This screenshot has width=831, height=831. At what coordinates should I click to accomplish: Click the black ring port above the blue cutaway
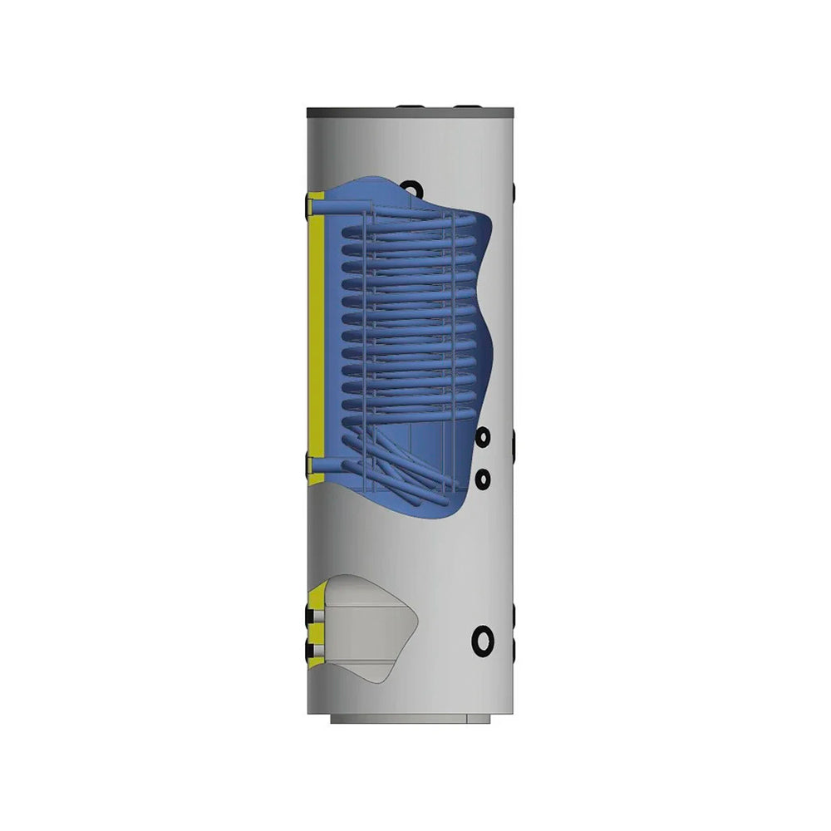410,187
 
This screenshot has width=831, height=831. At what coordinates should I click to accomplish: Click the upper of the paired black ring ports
481,436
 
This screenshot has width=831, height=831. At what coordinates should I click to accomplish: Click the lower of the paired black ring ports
481,477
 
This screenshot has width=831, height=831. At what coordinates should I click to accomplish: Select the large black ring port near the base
482,640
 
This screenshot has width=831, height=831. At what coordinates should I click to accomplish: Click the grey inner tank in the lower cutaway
366,632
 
